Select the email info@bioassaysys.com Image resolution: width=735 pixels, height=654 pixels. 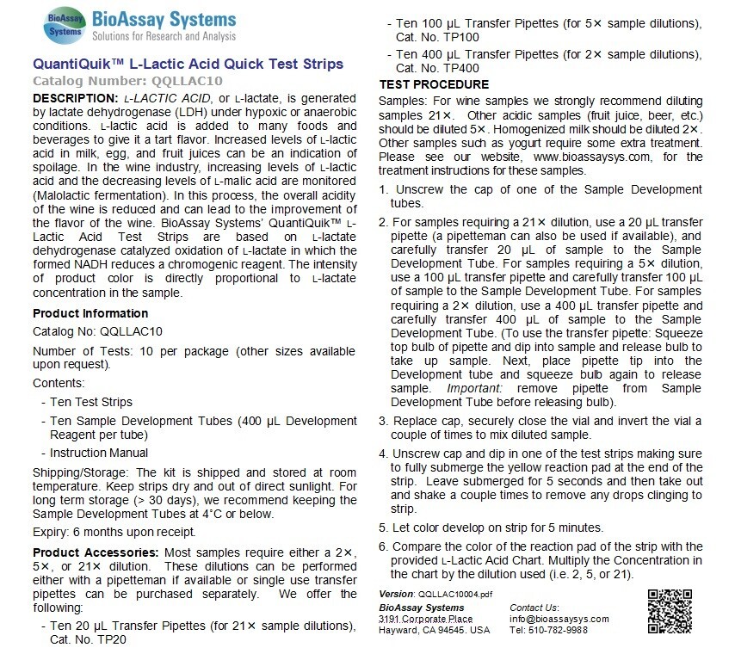point(559,619)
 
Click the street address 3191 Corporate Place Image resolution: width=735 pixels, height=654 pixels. point(425,619)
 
